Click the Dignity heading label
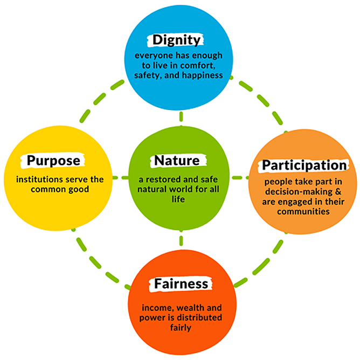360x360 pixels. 176,40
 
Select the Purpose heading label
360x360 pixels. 53,161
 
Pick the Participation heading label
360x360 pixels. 303,164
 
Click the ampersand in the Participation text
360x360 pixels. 322,192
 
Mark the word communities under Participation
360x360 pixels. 303,212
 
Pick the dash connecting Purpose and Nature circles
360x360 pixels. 122,177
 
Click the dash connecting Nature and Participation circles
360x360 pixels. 238,177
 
